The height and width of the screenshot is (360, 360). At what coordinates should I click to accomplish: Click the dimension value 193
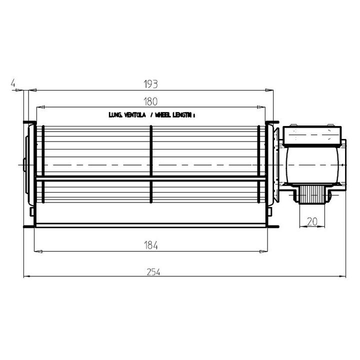pos(151,84)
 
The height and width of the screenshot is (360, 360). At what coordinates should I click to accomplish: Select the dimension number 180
pos(150,101)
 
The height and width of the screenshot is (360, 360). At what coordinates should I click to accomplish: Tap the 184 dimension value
pos(151,245)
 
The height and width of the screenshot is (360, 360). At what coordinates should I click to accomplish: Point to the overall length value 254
pos(153,272)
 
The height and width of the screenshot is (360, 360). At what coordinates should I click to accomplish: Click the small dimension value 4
pos(13,83)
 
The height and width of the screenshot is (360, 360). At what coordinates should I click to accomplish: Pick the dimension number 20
pos(312,221)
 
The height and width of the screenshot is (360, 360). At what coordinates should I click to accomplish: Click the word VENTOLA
pos(135,115)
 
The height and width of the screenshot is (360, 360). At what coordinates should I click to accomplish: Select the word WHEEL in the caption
pos(163,115)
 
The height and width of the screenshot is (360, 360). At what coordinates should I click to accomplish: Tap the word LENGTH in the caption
pos(182,115)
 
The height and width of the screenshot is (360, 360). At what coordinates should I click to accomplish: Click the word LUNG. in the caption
pos(115,115)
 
